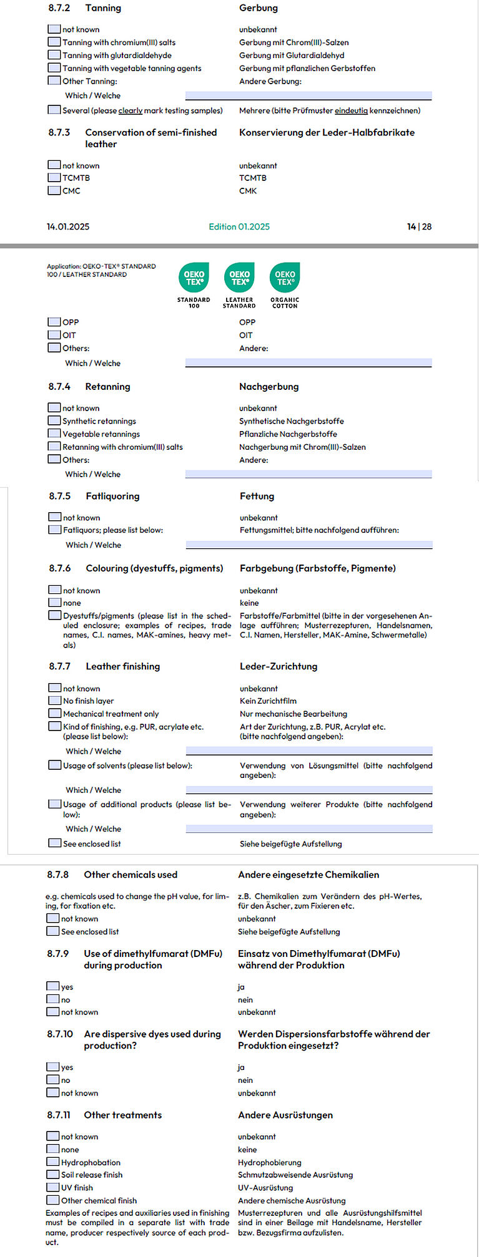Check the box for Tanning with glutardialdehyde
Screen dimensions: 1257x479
point(54,55)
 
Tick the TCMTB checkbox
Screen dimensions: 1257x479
point(54,178)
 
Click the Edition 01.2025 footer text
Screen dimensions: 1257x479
point(239,226)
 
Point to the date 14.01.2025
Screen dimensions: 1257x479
point(68,226)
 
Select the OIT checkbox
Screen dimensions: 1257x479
point(54,335)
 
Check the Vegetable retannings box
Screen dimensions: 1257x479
point(54,434)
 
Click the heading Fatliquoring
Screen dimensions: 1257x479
point(112,496)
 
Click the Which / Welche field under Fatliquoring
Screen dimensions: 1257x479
point(309,545)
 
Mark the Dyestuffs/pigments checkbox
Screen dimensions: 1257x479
point(55,615)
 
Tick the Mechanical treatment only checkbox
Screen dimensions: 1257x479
point(55,713)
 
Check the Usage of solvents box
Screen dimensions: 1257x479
point(55,765)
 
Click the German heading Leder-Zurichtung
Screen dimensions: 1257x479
point(279,666)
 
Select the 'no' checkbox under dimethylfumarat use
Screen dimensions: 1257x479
point(53,999)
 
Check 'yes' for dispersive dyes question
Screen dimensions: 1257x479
point(53,1067)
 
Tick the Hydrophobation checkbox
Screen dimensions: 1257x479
point(53,1162)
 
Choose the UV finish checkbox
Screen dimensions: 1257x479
point(53,1187)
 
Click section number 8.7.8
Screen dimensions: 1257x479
point(58,875)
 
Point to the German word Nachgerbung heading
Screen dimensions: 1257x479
point(269,387)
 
